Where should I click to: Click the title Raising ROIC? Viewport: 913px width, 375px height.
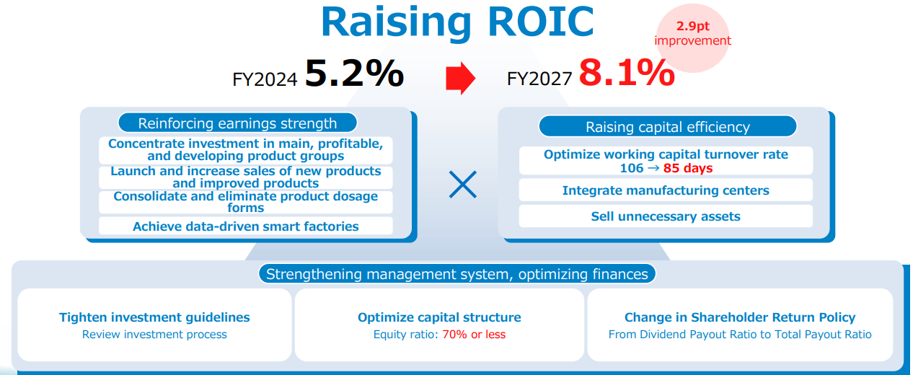click(x=457, y=22)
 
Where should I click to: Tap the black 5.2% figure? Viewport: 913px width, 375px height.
click(x=354, y=74)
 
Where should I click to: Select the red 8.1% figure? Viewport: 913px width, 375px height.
click(x=627, y=74)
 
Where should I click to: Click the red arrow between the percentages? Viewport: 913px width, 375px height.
click(x=461, y=78)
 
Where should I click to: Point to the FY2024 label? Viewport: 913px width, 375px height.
click(x=265, y=79)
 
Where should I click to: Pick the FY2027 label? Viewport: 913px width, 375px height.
click(x=539, y=79)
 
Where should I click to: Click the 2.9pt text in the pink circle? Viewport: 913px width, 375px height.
click(x=692, y=26)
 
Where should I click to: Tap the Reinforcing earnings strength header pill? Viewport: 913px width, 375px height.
click(x=237, y=123)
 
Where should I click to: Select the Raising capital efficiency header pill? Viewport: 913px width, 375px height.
click(x=668, y=127)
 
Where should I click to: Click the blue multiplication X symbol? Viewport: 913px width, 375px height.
click(x=462, y=185)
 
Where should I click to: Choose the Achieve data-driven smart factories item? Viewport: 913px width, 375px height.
click(x=246, y=226)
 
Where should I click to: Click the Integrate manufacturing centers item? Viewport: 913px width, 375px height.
click(x=666, y=190)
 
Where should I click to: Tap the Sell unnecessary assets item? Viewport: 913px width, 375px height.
click(x=666, y=216)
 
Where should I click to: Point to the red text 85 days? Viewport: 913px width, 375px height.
click(x=688, y=168)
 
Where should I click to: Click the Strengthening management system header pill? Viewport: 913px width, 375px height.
click(x=457, y=274)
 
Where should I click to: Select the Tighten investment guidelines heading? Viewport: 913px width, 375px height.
click(x=154, y=317)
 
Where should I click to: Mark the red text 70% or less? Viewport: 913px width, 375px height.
click(x=474, y=335)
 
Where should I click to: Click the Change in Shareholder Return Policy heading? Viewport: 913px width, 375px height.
click(x=740, y=317)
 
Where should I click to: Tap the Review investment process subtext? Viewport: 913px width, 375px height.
click(x=154, y=335)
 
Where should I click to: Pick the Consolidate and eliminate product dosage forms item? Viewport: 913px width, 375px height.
click(x=246, y=202)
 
